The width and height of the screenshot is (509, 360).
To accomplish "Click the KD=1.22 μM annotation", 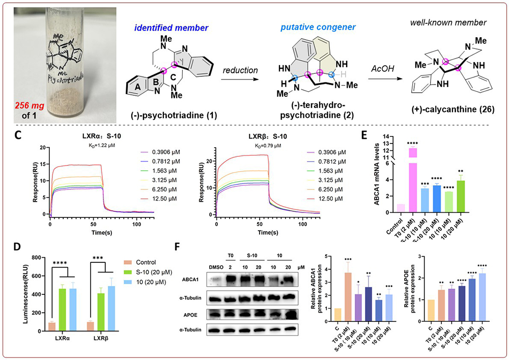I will [75, 146].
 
